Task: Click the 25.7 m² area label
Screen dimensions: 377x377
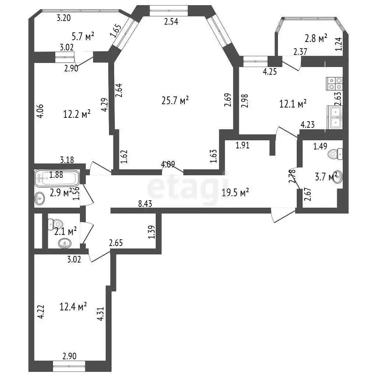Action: tap(175, 101)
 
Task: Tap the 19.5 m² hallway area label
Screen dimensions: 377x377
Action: tap(235, 192)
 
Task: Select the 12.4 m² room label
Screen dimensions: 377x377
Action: tap(73, 307)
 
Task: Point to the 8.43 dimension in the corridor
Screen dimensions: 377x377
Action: tap(145, 204)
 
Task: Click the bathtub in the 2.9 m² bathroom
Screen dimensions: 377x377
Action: tap(57, 178)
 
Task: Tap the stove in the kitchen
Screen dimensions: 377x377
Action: tap(334, 84)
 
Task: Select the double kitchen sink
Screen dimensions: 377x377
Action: tap(335, 117)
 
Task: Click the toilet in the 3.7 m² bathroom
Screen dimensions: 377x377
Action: tap(335, 154)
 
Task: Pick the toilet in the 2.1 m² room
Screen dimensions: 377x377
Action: tap(54, 224)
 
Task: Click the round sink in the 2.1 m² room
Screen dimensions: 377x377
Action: tap(65, 243)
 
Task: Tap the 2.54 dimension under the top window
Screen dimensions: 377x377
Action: tap(171, 21)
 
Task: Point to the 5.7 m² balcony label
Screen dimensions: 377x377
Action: tap(83, 36)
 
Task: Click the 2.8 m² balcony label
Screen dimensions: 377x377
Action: tap(316, 38)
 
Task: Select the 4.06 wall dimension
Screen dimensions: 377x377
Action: tap(40, 111)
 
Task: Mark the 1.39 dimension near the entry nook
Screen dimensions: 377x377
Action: tap(152, 232)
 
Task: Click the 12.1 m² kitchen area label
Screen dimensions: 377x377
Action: tap(293, 104)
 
